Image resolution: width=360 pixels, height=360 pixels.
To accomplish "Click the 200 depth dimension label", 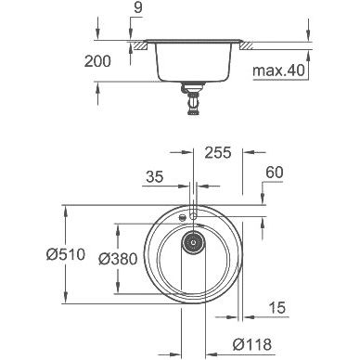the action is [x=97, y=61].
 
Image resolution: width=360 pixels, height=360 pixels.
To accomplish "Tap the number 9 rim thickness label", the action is [x=137, y=7].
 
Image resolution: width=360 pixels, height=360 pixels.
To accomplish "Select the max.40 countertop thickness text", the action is [x=278, y=71].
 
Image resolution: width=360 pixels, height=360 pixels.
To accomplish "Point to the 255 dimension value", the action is [x=218, y=152].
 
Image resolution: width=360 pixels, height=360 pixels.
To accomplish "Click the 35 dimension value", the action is [x=155, y=177].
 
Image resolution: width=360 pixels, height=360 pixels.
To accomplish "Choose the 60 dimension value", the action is [x=275, y=173].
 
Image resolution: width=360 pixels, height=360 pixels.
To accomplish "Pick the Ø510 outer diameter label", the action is [x=66, y=254].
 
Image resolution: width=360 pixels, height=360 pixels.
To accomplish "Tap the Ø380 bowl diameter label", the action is [x=118, y=259].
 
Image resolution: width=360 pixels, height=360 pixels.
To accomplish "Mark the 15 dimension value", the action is [x=277, y=307].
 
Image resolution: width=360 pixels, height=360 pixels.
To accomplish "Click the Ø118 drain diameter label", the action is [x=252, y=344].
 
